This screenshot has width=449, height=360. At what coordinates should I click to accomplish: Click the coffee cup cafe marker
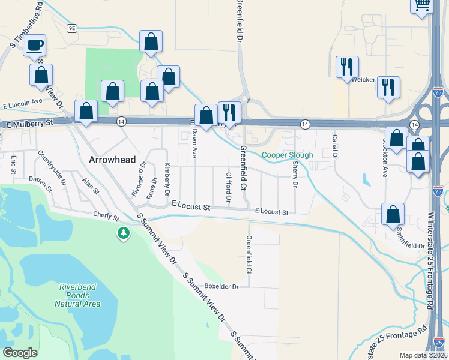pyautogui.click(x=35, y=45)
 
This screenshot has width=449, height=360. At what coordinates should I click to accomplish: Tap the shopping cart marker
pyautogui.click(x=423, y=5)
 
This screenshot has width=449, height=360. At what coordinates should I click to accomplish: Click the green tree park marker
pyautogui.click(x=124, y=232)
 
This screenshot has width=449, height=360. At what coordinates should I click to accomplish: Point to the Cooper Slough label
pyautogui.click(x=287, y=155)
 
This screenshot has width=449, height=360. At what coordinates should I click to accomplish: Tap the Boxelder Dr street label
pyautogui.click(x=221, y=286)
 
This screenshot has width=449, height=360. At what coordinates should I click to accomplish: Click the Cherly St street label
pyautogui.click(x=106, y=215)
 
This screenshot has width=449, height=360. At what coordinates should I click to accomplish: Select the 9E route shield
pyautogui.click(x=73, y=28)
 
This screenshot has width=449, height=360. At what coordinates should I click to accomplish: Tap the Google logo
pyautogui.click(x=20, y=353)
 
